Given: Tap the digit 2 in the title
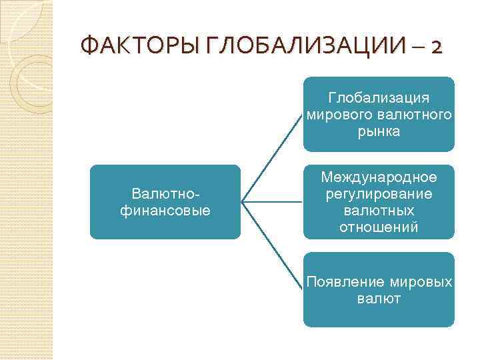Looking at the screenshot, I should (434, 47).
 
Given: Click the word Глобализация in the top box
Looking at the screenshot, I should (379, 99).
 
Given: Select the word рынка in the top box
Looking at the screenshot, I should (379, 131).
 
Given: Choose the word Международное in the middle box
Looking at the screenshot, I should (379, 178).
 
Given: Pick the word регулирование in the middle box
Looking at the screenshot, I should (379, 194).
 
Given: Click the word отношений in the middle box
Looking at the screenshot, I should (379, 227).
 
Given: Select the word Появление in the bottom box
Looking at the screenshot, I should (340, 283).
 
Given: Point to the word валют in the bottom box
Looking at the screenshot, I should (379, 299).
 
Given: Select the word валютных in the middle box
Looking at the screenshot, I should (379, 211).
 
